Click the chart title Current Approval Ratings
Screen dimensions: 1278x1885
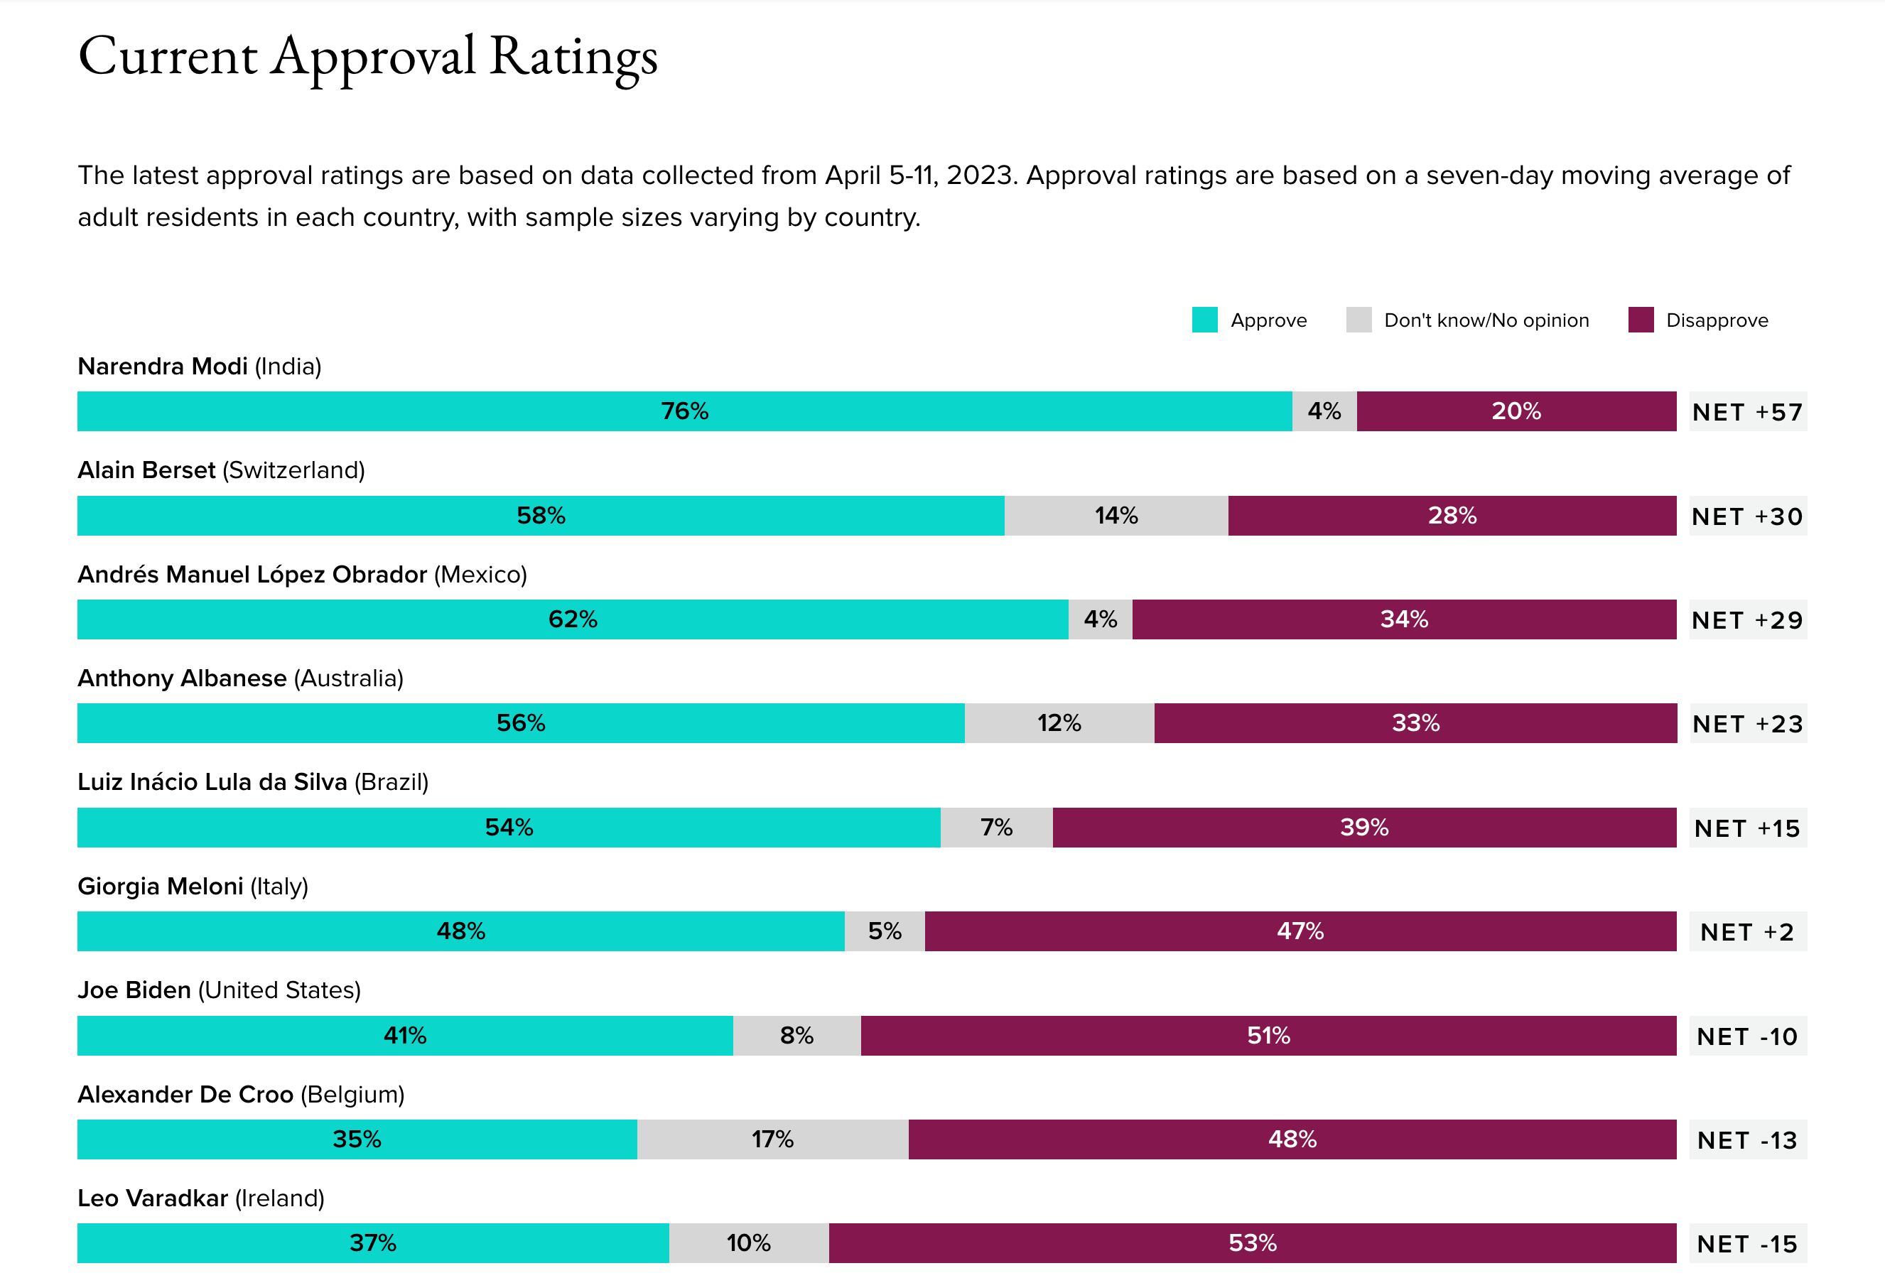(x=367, y=57)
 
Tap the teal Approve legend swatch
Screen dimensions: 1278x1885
(x=1204, y=320)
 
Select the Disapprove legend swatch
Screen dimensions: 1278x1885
(x=1640, y=320)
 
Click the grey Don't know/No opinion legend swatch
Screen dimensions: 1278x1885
(x=1359, y=320)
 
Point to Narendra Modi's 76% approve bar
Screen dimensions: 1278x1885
(x=684, y=411)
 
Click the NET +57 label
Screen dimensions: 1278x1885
(x=1747, y=412)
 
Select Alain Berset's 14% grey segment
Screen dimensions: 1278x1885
(x=1116, y=516)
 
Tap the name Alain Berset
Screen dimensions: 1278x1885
(x=146, y=470)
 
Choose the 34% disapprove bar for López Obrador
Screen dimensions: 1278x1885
(x=1404, y=619)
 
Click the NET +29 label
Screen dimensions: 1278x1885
(x=1747, y=620)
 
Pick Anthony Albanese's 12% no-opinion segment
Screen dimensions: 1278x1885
(x=1059, y=723)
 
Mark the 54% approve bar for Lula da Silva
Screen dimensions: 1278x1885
(x=509, y=827)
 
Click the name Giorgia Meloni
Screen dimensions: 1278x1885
(x=160, y=887)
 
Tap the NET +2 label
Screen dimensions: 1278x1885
(x=1747, y=932)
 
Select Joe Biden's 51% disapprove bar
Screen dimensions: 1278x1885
(x=1268, y=1036)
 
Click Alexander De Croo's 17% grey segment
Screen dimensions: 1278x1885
(x=772, y=1139)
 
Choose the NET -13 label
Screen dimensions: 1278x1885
(x=1747, y=1140)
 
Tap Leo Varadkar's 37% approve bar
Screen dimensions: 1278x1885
(x=372, y=1243)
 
